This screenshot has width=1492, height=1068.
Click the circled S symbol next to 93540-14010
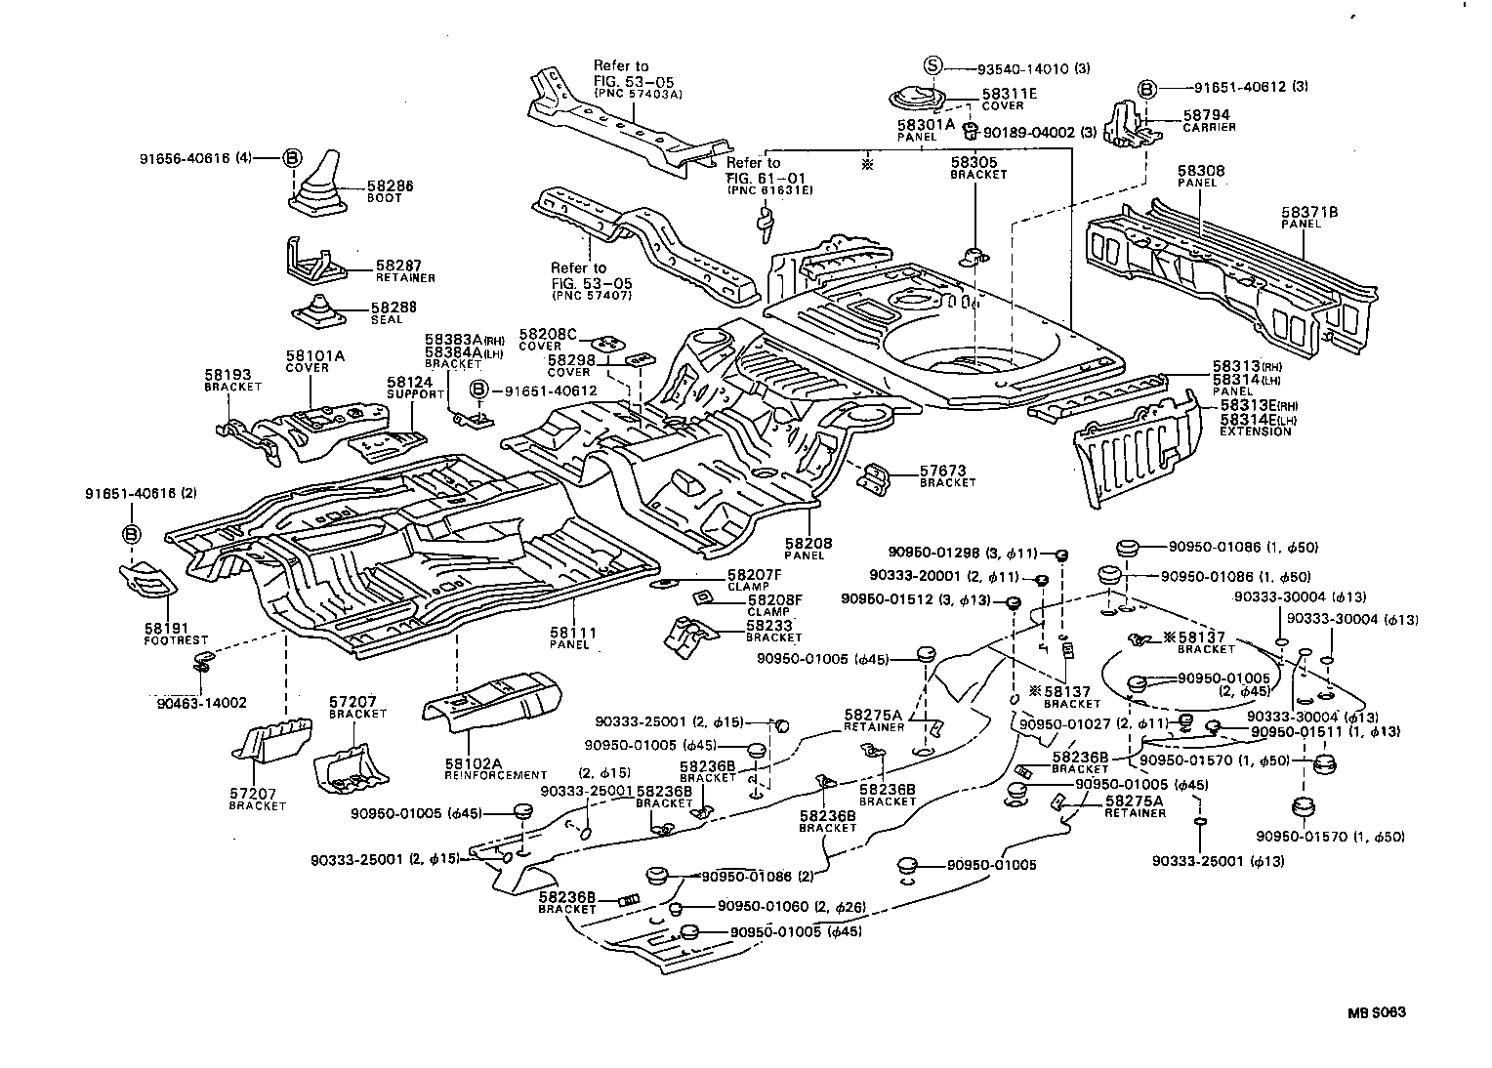[933, 66]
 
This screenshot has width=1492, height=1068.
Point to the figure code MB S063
[1376, 1012]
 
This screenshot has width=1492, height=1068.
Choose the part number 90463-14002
[201, 702]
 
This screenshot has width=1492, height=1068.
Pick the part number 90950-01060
[765, 907]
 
